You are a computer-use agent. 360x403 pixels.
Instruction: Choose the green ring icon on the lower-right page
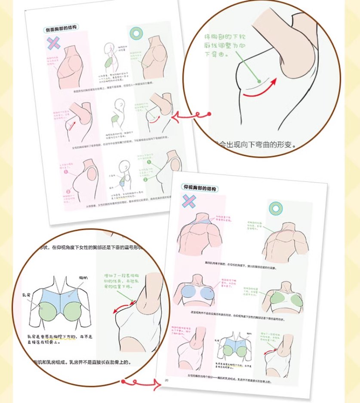[275, 209]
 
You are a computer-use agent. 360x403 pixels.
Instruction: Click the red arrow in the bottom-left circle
[122, 307]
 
